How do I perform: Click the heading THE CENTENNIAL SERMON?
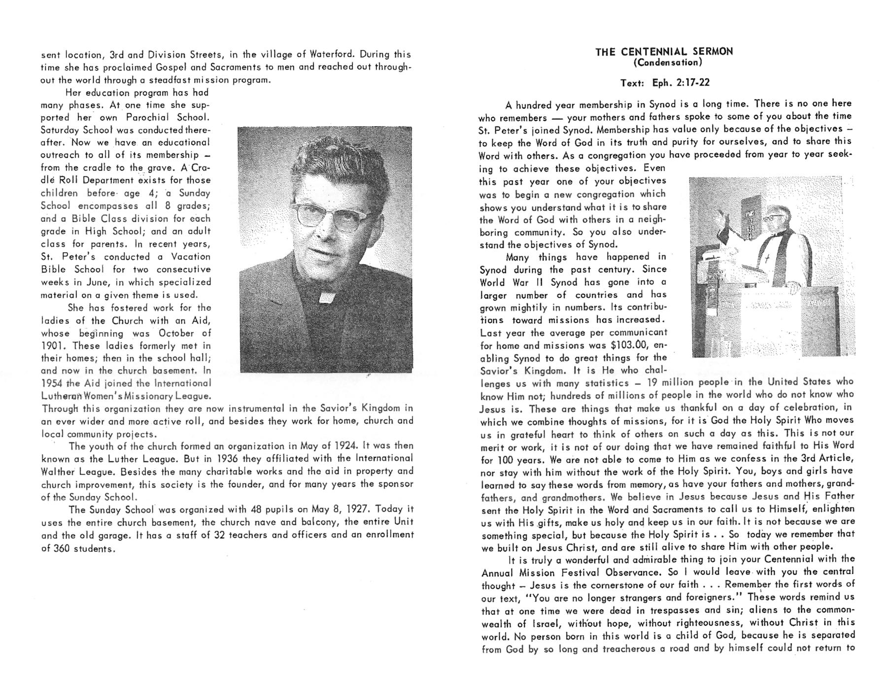(664, 52)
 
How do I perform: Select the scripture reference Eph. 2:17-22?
(681, 83)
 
